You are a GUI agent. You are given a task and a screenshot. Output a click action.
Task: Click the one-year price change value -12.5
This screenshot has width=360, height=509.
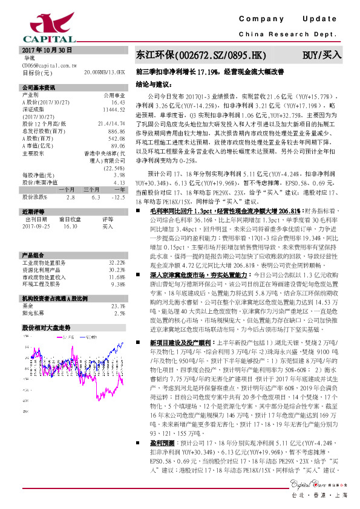(117, 197)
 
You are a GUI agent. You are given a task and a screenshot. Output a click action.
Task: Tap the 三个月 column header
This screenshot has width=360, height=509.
(91, 189)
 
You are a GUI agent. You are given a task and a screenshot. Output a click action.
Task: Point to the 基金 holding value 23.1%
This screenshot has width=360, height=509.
(118, 306)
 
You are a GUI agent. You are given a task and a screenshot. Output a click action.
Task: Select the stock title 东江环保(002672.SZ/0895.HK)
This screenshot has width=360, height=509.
(200, 55)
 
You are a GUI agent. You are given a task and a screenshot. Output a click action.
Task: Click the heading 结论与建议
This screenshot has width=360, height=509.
(154, 83)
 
